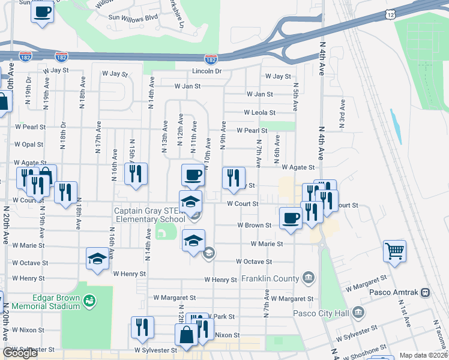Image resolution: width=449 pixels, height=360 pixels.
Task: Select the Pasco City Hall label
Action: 322,313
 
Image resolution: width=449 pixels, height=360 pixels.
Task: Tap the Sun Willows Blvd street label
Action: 133,17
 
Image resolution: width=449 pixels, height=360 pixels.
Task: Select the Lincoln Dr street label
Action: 207,71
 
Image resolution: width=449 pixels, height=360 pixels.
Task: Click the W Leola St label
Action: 259,112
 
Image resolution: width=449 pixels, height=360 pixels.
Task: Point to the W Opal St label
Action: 29,145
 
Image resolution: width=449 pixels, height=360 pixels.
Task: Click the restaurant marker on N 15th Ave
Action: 136,174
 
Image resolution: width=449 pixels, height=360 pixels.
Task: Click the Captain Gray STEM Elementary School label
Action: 150,215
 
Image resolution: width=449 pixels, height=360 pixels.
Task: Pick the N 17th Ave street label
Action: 98,137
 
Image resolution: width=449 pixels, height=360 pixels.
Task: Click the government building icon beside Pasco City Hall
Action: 358,313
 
